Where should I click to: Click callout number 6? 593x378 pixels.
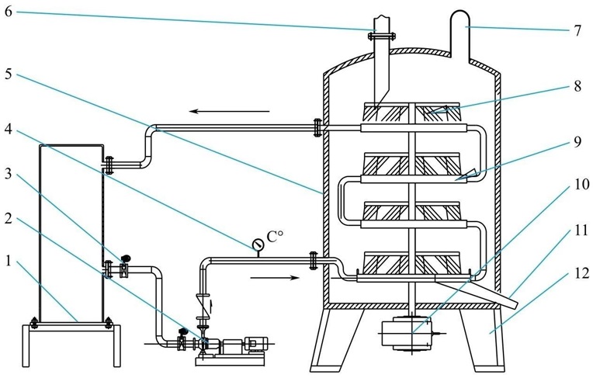9,12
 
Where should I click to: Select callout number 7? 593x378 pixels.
577,30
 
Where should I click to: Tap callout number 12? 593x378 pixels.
581,272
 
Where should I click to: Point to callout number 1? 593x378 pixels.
9,260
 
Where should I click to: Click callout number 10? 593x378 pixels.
581,184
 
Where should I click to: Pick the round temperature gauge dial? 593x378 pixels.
258,244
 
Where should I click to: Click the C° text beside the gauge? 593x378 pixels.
274,237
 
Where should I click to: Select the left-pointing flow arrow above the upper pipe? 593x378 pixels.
230,111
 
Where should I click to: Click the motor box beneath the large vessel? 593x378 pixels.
407,334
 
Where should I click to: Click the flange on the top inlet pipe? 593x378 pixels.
381,36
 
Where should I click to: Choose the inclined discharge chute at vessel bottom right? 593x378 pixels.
476,291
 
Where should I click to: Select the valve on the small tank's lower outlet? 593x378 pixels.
123,269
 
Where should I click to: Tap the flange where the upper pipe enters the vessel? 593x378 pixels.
317,128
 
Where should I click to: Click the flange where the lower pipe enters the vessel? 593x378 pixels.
313,261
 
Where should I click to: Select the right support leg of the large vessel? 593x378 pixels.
483,339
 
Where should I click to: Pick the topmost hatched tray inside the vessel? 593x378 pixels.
411,112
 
